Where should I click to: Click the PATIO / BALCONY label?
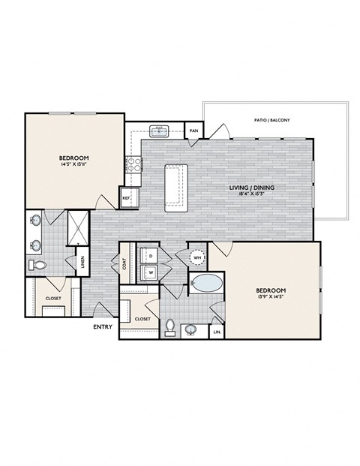(273, 120)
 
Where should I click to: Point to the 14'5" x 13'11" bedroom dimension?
(74, 166)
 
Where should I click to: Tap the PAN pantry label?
(193, 131)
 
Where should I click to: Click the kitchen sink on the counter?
(159, 131)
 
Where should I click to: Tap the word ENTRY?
(103, 327)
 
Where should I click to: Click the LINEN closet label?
(82, 263)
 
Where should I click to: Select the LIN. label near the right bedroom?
(217, 330)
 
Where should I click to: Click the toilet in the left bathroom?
(40, 264)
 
